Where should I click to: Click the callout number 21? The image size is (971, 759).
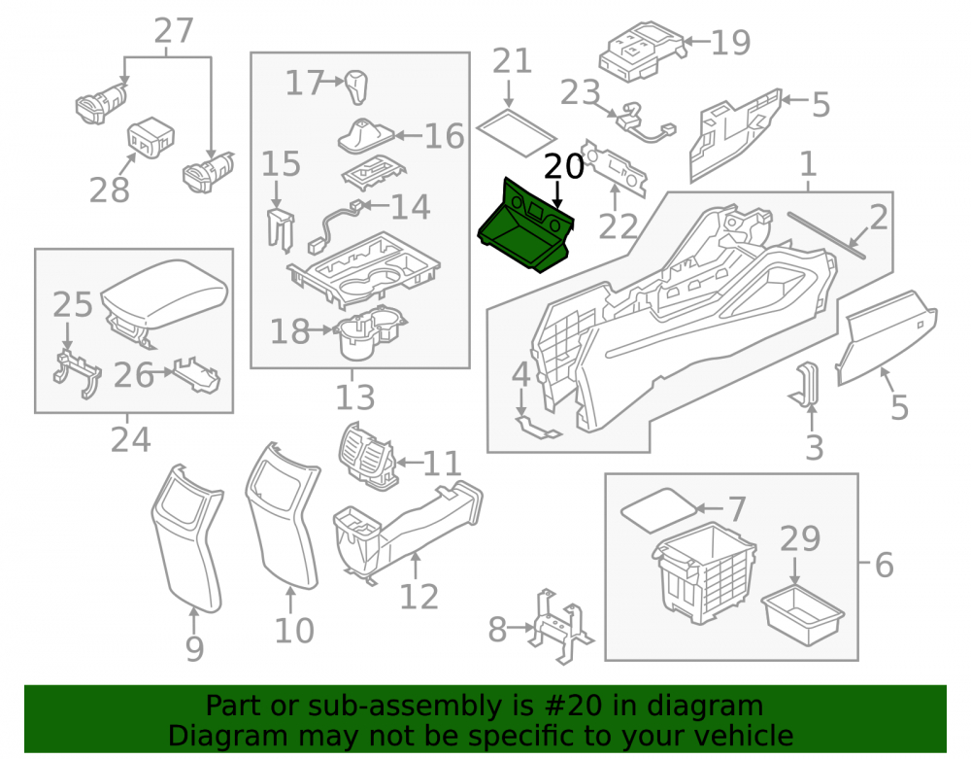[512, 61]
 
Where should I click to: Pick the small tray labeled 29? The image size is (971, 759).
[802, 614]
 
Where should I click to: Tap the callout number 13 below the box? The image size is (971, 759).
[354, 397]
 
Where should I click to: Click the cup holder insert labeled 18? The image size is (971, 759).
[370, 331]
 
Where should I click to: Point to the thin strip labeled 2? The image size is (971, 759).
[826, 234]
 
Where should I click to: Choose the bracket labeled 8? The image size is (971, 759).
[559, 627]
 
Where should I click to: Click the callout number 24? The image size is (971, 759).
[130, 440]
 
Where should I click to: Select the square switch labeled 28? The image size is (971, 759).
[151, 137]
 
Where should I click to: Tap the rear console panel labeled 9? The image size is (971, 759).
[187, 537]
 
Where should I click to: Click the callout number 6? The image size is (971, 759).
[885, 565]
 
